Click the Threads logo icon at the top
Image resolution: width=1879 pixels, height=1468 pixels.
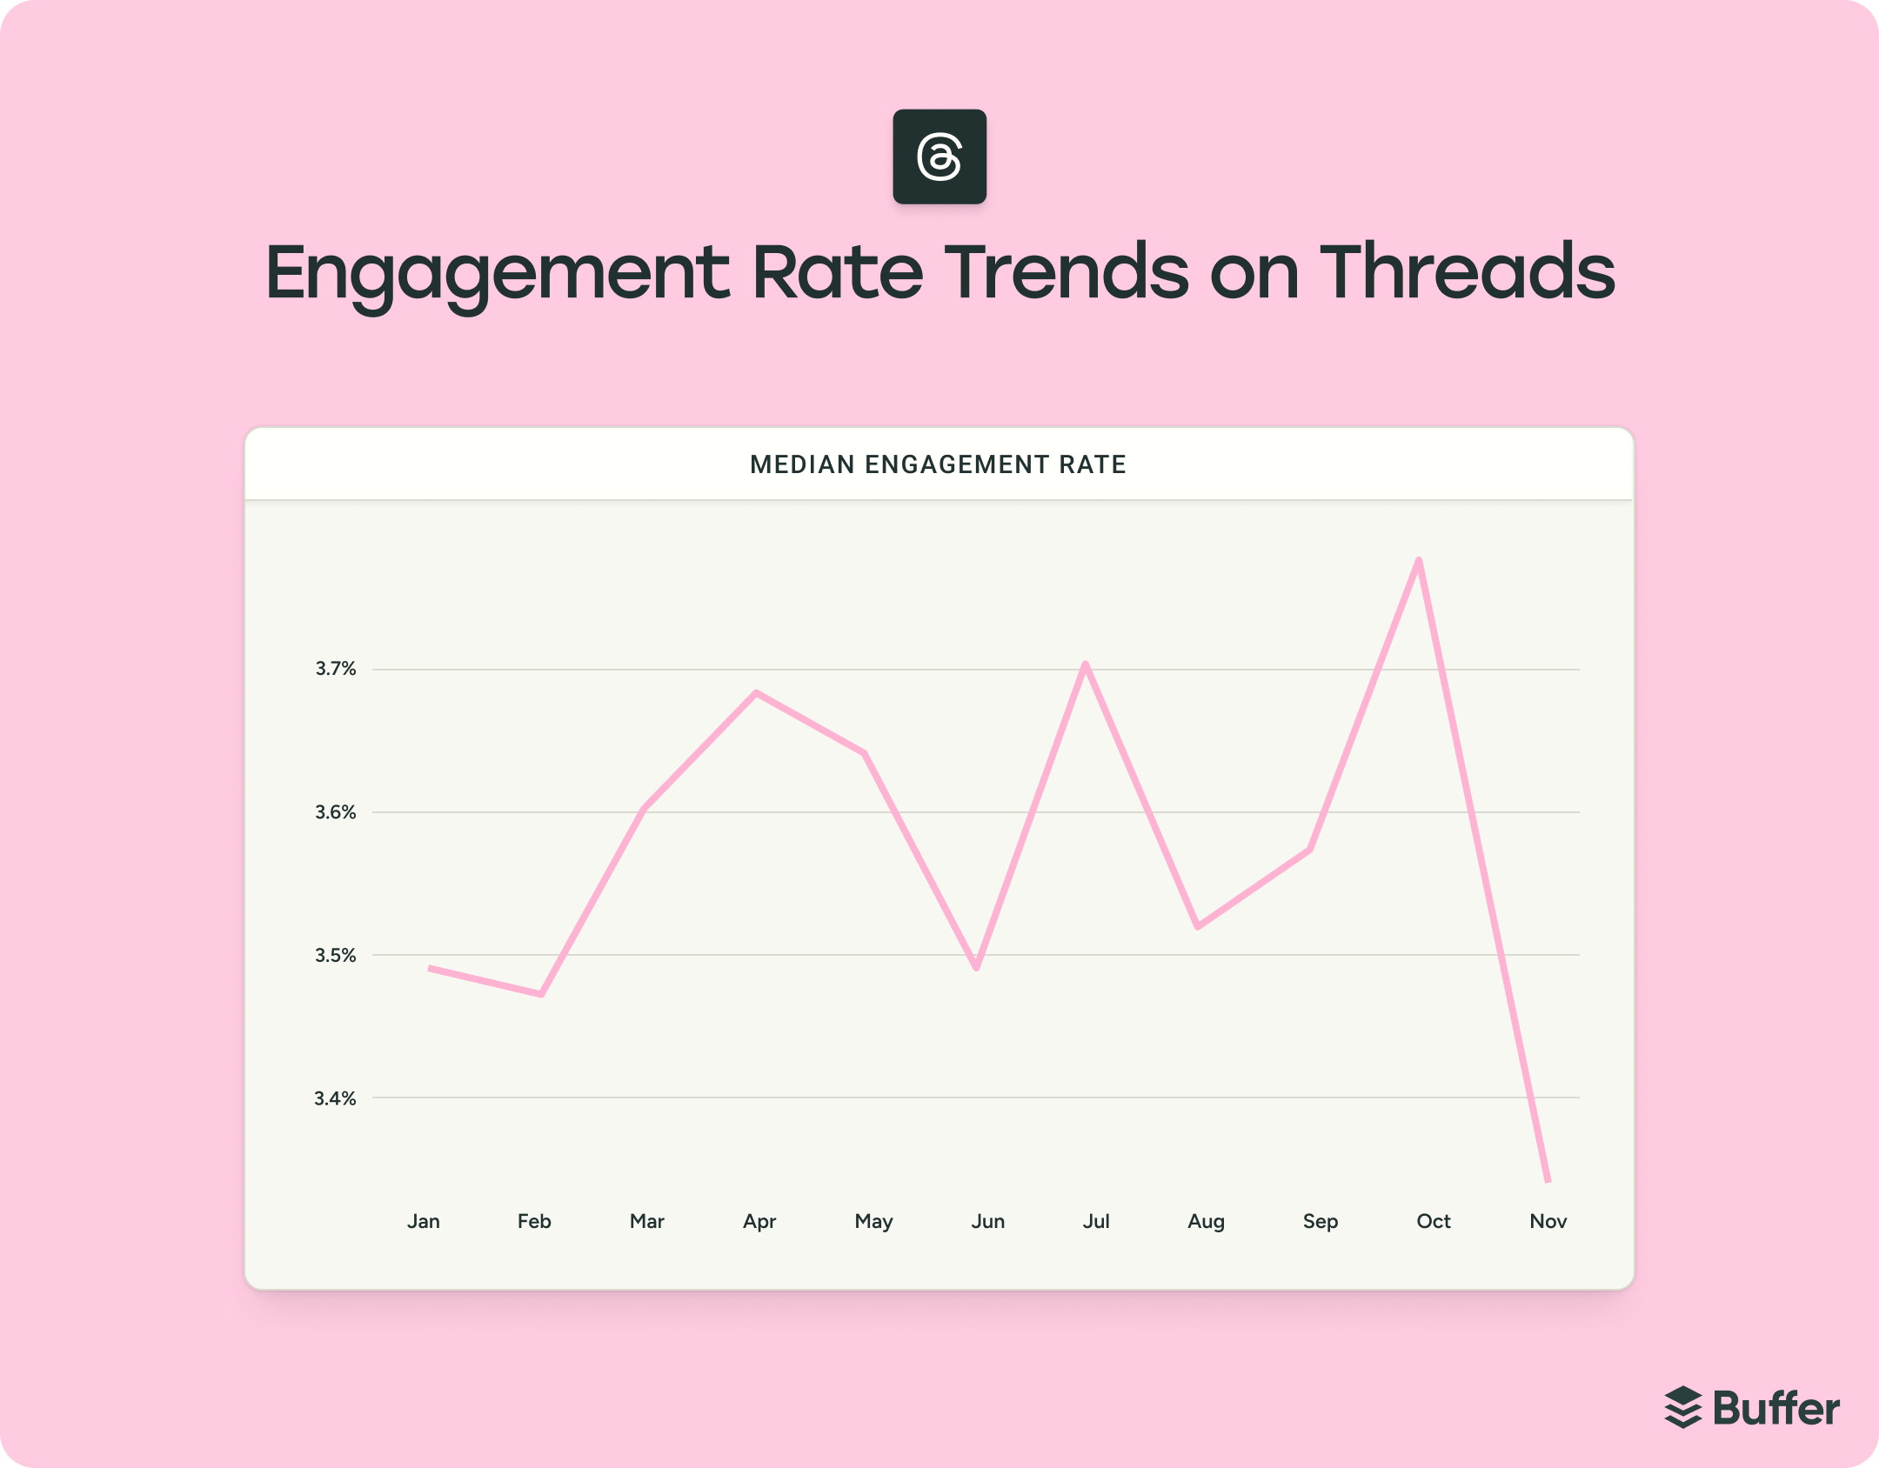coord(940,157)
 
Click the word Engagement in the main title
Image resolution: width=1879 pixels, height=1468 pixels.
coord(497,273)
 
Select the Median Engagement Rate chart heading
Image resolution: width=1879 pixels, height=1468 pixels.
coord(938,464)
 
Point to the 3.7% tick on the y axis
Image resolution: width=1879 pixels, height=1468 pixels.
coord(336,669)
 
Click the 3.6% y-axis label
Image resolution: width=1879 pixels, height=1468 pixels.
coord(336,812)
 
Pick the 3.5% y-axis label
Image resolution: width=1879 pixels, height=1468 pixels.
coord(336,955)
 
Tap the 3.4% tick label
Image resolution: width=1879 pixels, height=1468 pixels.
coord(336,1098)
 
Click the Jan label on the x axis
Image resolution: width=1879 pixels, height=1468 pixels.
coord(424,1221)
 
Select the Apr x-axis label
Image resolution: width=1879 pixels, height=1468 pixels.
coord(759,1221)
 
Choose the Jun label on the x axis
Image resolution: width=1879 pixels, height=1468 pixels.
coord(988,1221)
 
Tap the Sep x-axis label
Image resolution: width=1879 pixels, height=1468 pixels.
coord(1320,1221)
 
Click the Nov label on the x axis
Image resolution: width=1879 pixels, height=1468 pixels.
coord(1548,1221)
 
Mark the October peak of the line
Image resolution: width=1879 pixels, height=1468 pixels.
coord(1419,561)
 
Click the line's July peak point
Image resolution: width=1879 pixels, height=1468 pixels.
coord(1086,665)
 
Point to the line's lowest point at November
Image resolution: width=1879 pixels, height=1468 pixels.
coord(1548,1180)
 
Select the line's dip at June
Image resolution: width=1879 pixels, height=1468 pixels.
coord(977,967)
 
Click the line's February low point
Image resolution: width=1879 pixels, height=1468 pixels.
coord(542,993)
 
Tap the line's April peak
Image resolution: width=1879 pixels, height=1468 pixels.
coord(757,693)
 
